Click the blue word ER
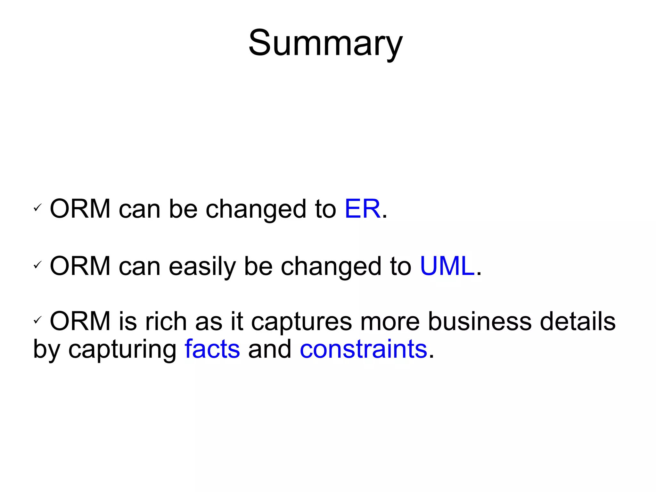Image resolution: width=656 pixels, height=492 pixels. [x=362, y=209]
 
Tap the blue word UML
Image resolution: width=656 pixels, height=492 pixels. [x=447, y=266]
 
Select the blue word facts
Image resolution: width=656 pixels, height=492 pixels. [x=212, y=349]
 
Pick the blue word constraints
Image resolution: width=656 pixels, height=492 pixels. [x=363, y=349]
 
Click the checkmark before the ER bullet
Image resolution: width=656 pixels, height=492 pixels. [x=38, y=208]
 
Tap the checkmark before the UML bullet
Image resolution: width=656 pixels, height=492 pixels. [x=38, y=265]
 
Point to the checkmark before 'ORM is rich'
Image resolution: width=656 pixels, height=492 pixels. [x=38, y=320]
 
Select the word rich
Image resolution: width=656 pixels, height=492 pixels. [x=166, y=321]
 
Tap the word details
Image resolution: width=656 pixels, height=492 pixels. [x=578, y=321]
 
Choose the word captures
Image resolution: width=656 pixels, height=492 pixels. [x=301, y=322]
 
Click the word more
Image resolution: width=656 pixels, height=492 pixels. [x=390, y=322]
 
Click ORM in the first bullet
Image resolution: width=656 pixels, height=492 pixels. [x=80, y=209]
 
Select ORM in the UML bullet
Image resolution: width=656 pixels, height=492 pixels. [x=80, y=266]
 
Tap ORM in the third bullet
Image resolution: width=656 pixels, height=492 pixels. [x=80, y=321]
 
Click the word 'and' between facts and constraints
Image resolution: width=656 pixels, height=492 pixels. [x=270, y=349]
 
